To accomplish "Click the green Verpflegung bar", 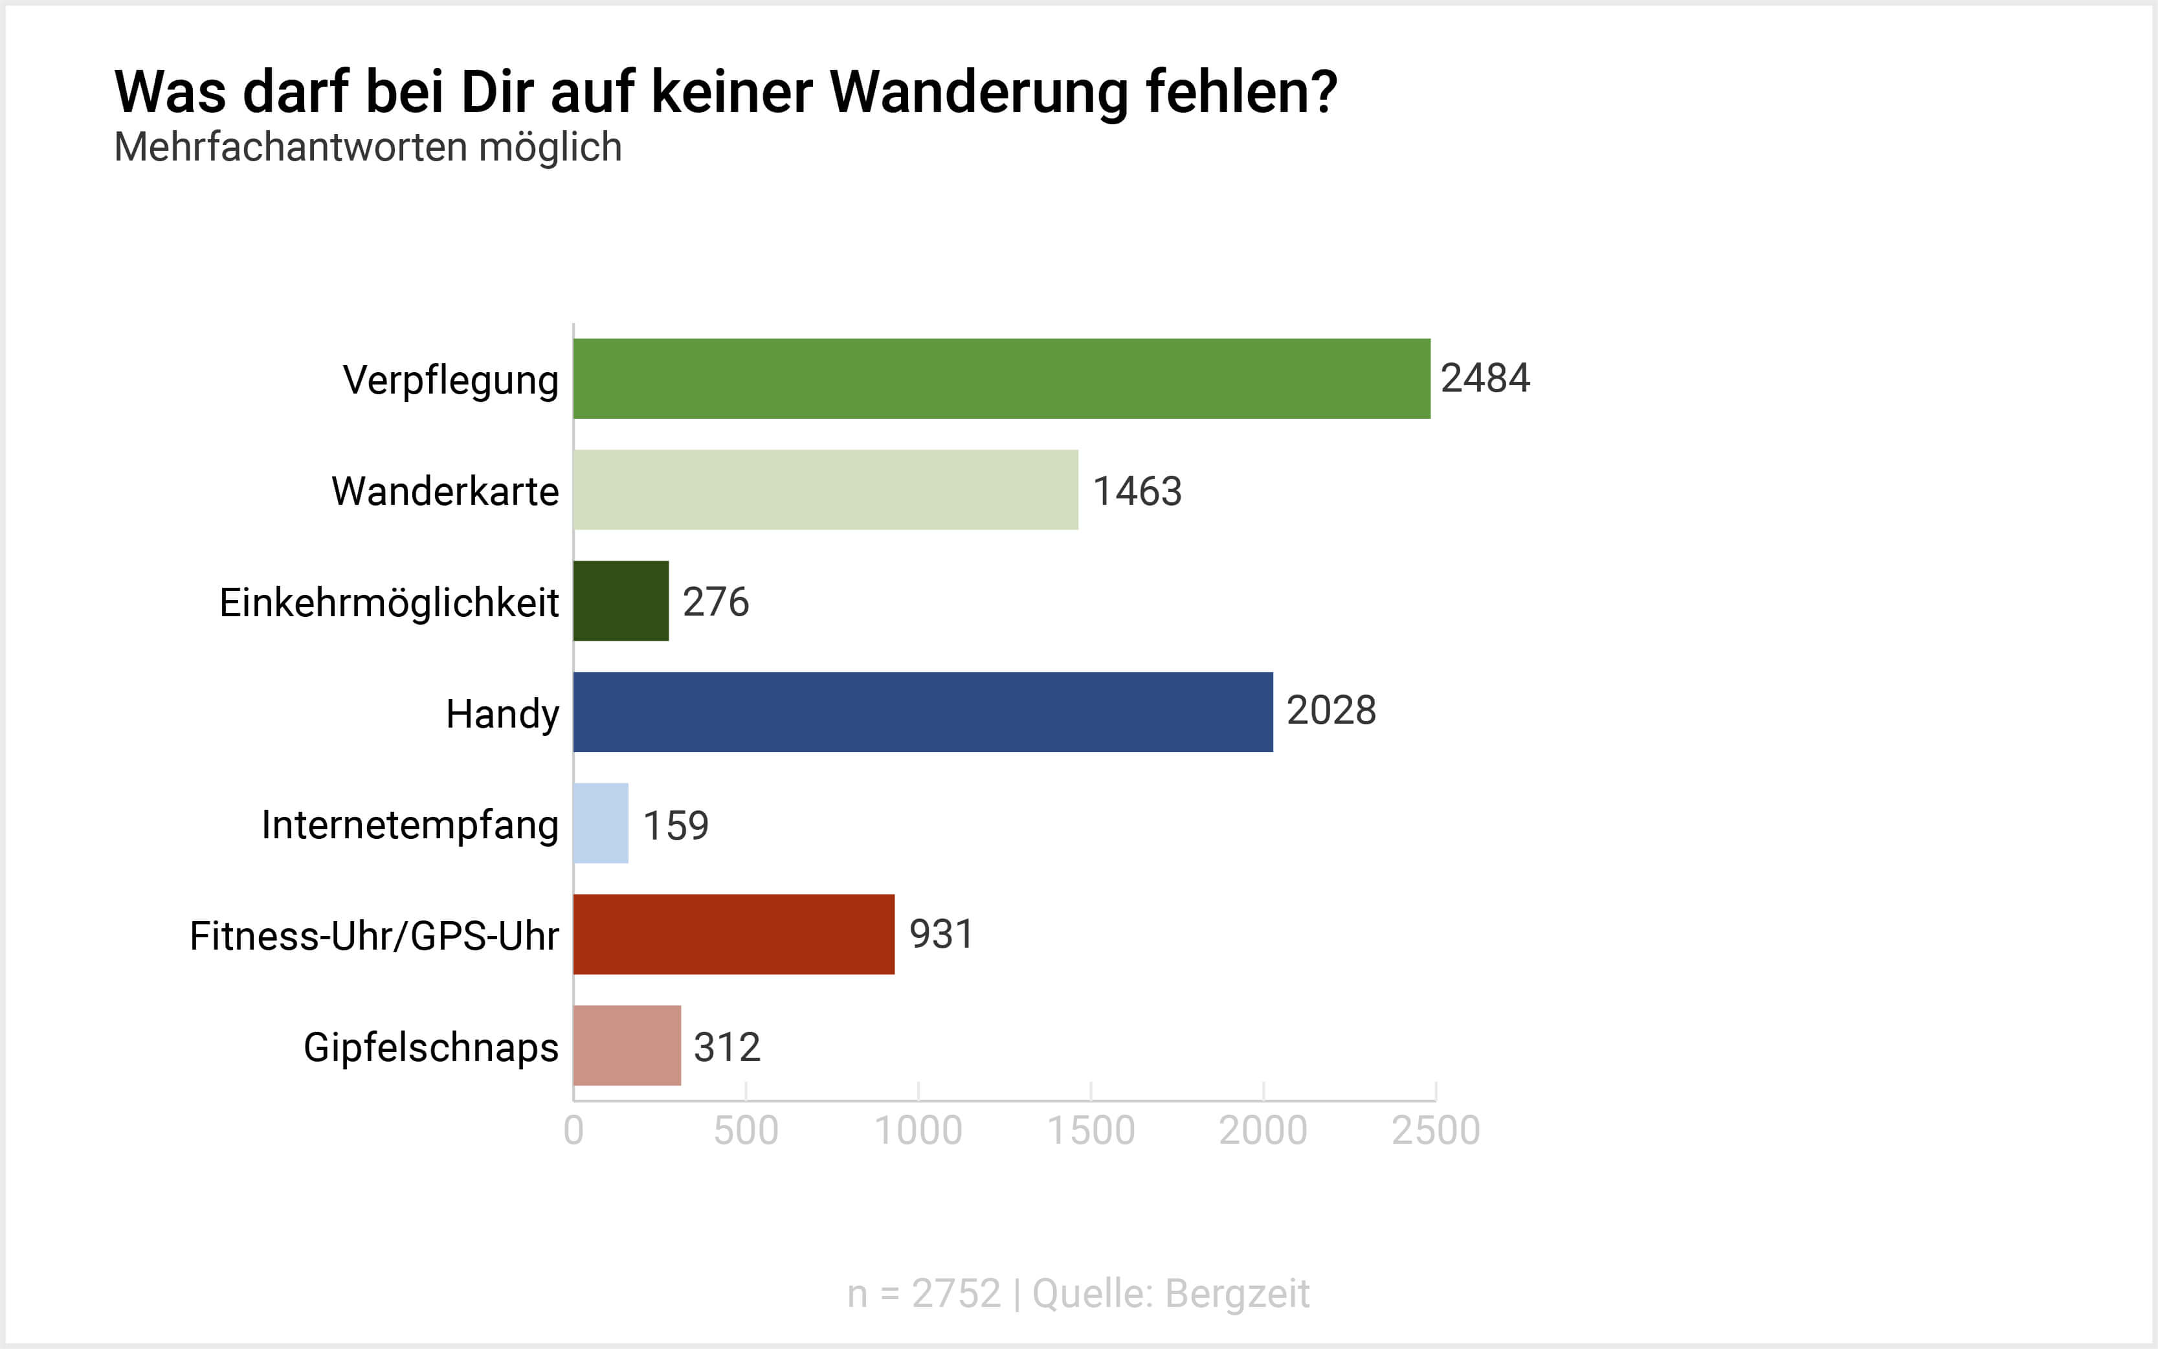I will (1001, 378).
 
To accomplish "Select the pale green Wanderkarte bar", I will (825, 490).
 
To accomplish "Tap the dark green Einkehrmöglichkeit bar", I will (621, 601).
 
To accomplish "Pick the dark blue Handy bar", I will (922, 712).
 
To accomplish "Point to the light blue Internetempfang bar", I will (601, 823).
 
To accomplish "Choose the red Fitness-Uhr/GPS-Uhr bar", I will (733, 934).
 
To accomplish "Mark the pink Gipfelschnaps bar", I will (627, 1045).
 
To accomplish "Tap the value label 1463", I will (1137, 491).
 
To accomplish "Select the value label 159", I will (675, 825).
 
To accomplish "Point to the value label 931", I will (941, 934).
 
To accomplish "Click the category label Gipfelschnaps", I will (431, 1047).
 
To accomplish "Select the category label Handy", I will (502, 714).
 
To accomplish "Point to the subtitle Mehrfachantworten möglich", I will (368, 147).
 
